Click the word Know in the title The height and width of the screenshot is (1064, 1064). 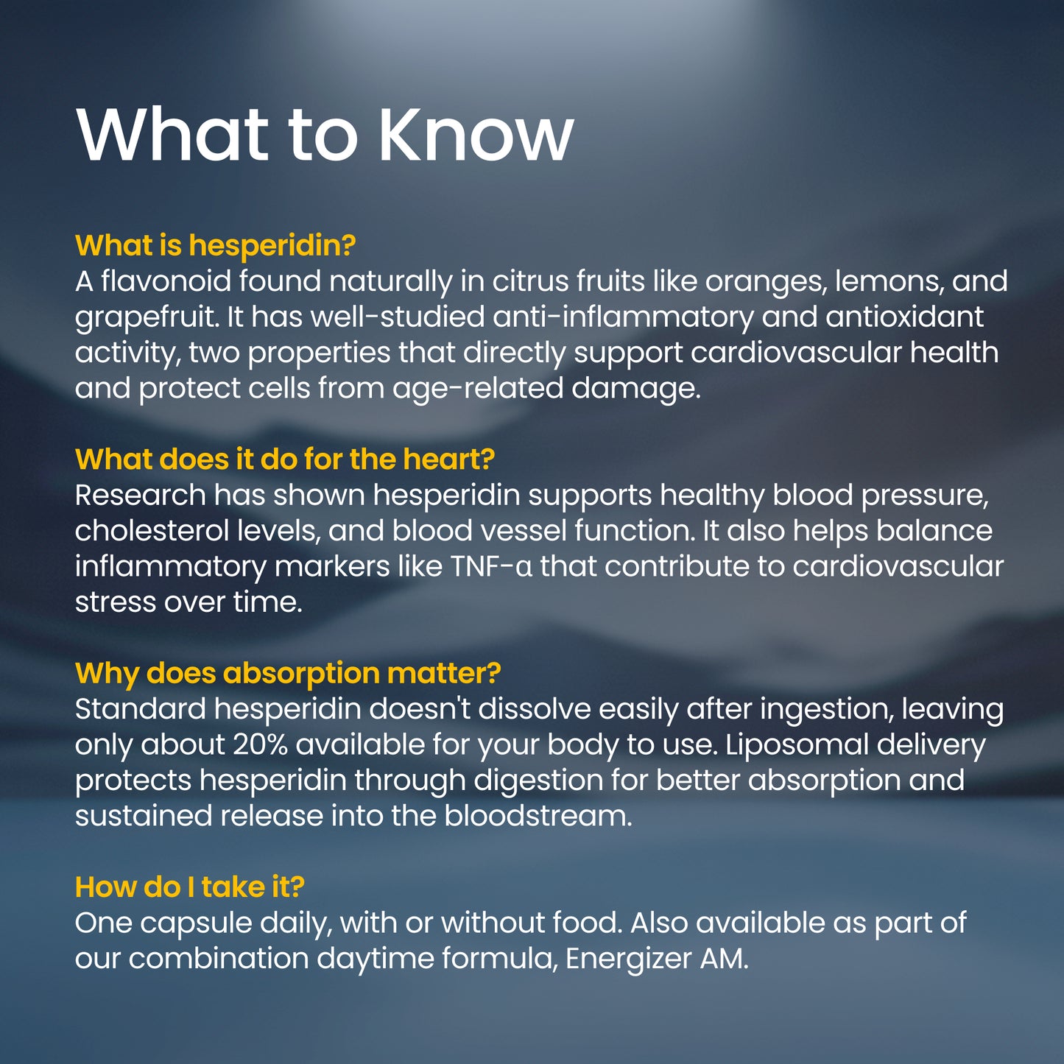pos(476,135)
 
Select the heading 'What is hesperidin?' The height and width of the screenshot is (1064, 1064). pos(215,245)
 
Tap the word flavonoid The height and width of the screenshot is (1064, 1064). pos(166,281)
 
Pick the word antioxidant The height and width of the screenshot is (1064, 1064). pos(904,317)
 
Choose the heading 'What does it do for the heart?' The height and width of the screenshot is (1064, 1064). pos(284,459)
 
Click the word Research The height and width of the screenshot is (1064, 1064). pos(140,496)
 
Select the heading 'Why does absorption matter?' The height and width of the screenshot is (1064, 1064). pos(288,673)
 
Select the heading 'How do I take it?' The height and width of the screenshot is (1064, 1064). pos(189,887)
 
